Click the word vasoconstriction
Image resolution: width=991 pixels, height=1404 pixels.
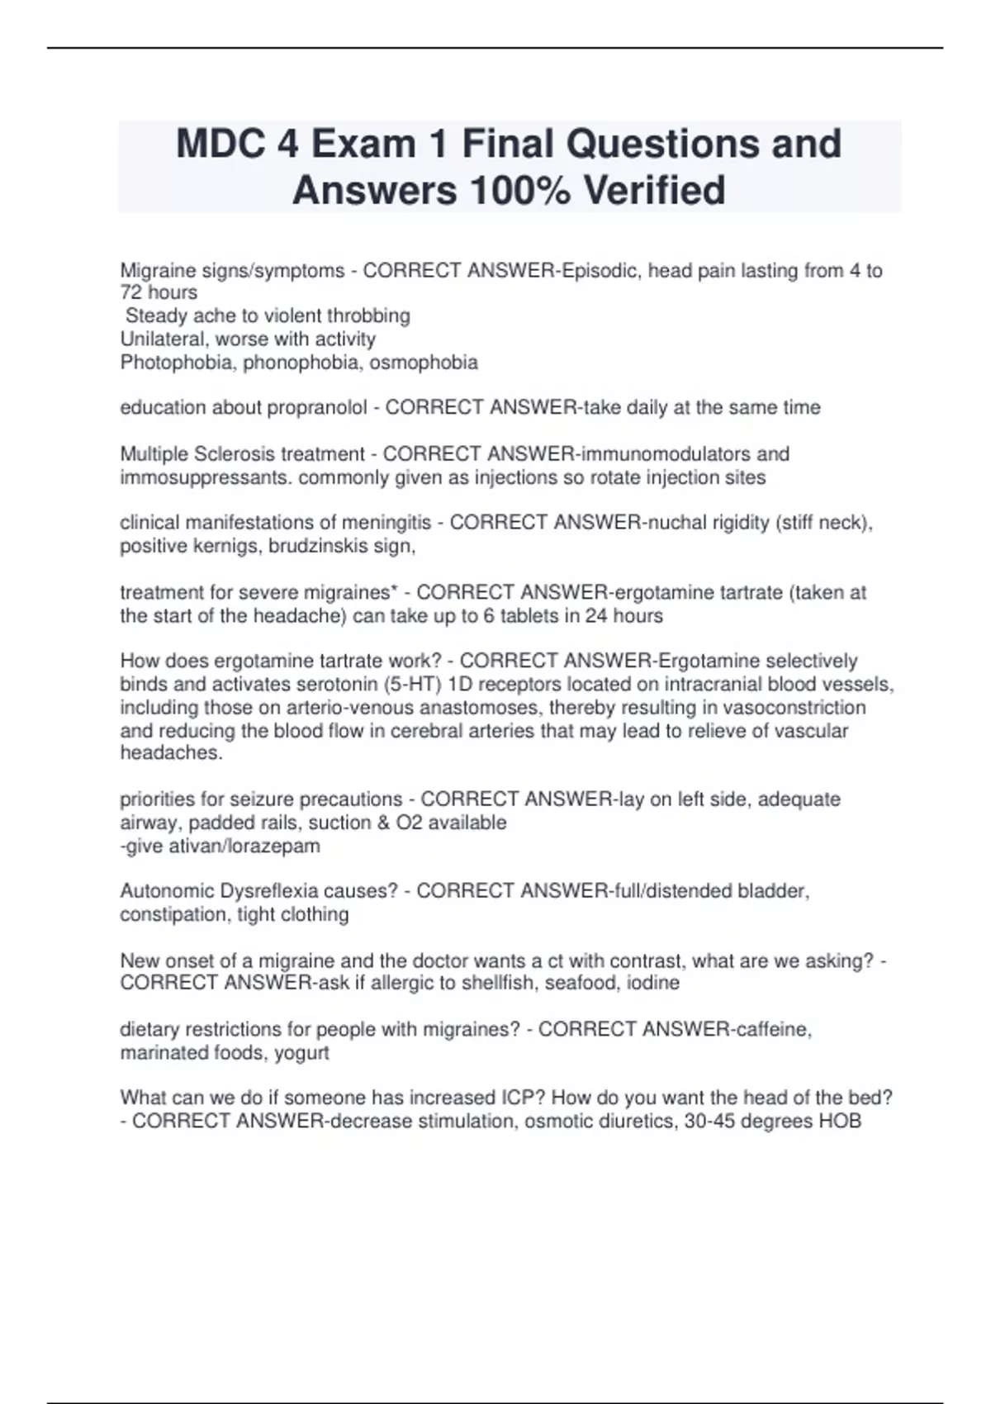click(x=791, y=707)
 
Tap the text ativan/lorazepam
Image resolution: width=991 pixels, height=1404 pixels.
click(x=222, y=846)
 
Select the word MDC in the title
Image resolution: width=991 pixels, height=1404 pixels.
click(x=220, y=144)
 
